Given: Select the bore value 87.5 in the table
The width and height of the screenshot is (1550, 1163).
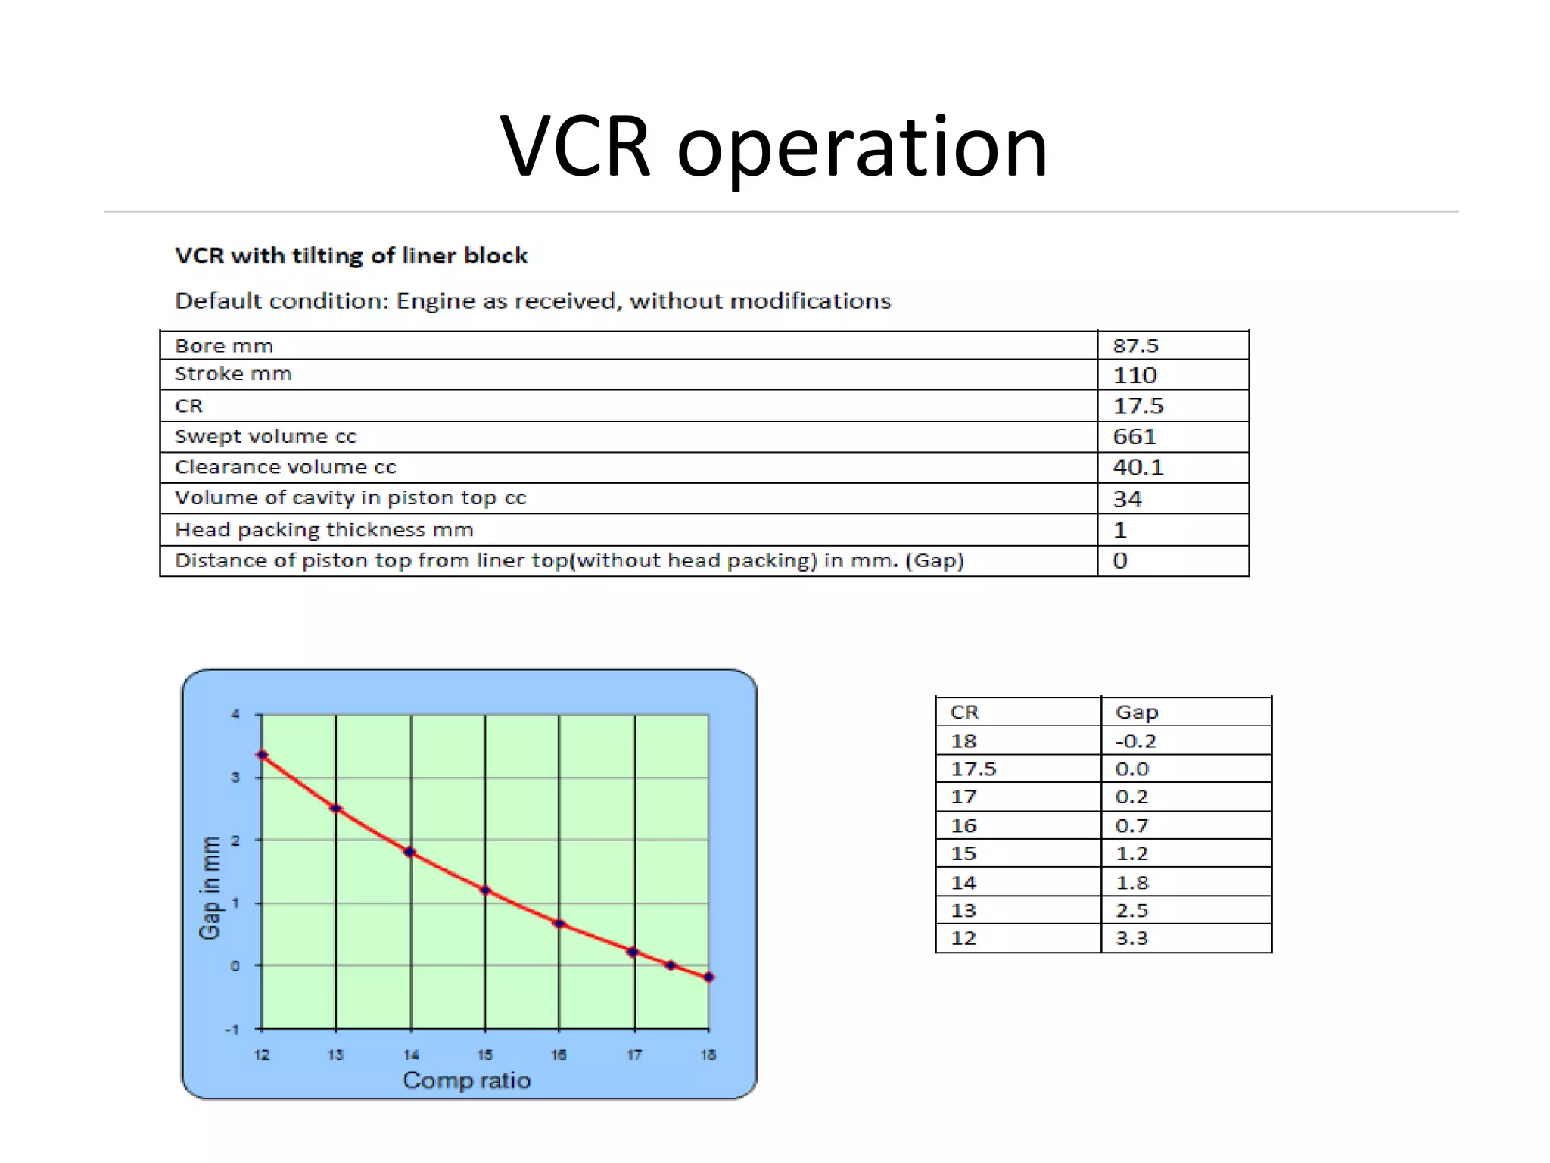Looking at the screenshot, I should click(1135, 346).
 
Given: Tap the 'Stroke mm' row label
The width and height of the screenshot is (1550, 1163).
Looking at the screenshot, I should click(233, 374).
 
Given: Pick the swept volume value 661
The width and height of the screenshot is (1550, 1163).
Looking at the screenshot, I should click(1134, 437).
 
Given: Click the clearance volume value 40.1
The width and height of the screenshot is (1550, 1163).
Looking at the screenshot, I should click(1138, 467).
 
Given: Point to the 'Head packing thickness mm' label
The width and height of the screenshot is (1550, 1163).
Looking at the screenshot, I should click(324, 530).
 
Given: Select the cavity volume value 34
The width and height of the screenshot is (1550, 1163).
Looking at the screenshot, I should click(1127, 499).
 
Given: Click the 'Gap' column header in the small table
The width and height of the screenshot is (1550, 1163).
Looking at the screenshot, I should click(1137, 712).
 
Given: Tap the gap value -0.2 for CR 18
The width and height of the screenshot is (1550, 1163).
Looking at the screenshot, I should click(1135, 741).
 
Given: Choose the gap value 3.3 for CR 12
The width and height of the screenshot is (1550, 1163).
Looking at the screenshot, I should click(1131, 938).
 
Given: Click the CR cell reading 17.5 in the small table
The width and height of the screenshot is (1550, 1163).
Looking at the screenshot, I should click(973, 769).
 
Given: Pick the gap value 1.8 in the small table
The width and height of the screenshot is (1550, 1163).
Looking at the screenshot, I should click(1131, 882).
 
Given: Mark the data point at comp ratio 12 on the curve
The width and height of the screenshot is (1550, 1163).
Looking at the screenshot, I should click(262, 755).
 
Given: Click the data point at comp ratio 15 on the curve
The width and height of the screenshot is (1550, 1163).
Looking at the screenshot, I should click(485, 890).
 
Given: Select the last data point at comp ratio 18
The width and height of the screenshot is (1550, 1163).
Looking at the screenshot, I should click(708, 977).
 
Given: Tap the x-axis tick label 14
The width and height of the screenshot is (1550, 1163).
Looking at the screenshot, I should click(411, 1055).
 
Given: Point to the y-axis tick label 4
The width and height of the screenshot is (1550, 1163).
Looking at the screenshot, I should click(236, 714).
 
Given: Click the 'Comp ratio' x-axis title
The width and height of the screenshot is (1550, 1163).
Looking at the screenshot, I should click(466, 1080).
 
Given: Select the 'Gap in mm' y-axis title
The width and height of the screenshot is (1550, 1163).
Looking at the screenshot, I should click(210, 887).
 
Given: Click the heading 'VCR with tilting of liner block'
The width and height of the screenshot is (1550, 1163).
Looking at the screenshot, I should click(351, 256).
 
